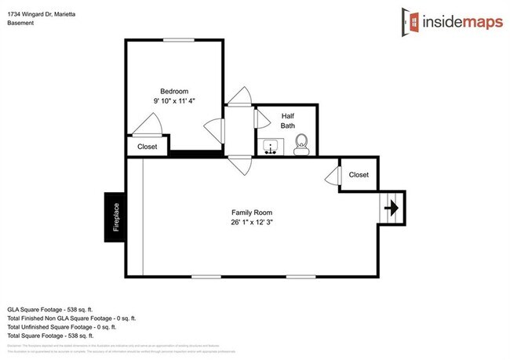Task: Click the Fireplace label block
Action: pyautogui.click(x=115, y=216)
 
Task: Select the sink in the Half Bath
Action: pyautogui.click(x=272, y=146)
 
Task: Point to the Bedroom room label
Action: pyautogui.click(x=174, y=90)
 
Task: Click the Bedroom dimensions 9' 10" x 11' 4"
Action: pyautogui.click(x=174, y=100)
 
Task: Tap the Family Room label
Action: pyautogui.click(x=252, y=213)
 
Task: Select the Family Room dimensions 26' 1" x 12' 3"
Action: pyautogui.click(x=252, y=223)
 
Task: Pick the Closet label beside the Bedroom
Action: pyautogui.click(x=147, y=147)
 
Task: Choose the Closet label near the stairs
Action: pyautogui.click(x=359, y=175)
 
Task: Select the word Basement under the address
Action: pyautogui.click(x=21, y=23)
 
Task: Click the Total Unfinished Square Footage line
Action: pyautogui.click(x=71, y=327)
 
